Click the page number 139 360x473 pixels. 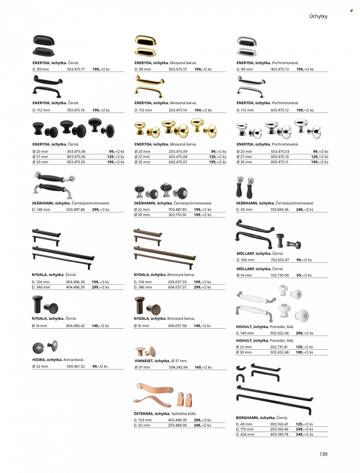323,454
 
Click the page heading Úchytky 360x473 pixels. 318,16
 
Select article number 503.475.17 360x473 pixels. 76,69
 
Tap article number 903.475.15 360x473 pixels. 178,69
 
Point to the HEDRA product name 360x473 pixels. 38,360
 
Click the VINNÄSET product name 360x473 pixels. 144,361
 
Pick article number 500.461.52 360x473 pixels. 76,366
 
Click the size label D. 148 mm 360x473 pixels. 41,210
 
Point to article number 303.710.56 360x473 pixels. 177,215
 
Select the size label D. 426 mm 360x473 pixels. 245,434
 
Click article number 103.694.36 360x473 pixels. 279,210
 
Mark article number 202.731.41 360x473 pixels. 279,347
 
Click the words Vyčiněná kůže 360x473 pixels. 184,413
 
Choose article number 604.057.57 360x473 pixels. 177,287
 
